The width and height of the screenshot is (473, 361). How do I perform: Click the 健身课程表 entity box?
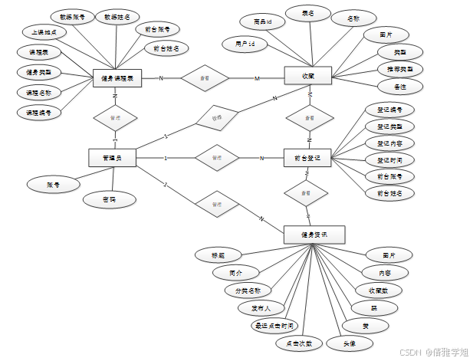pos(117,78)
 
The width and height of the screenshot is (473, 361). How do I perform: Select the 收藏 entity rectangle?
pos(307,76)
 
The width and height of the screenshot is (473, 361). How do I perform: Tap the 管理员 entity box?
pos(113,158)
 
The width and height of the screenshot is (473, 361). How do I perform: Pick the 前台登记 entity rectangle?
pos(307,158)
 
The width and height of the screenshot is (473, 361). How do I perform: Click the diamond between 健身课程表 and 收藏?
pos(205,78)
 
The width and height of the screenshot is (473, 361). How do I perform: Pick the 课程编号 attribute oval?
pos(38,113)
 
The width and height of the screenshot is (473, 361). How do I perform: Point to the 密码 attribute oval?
pos(110,199)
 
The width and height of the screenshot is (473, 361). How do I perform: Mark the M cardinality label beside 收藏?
pos(258,78)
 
